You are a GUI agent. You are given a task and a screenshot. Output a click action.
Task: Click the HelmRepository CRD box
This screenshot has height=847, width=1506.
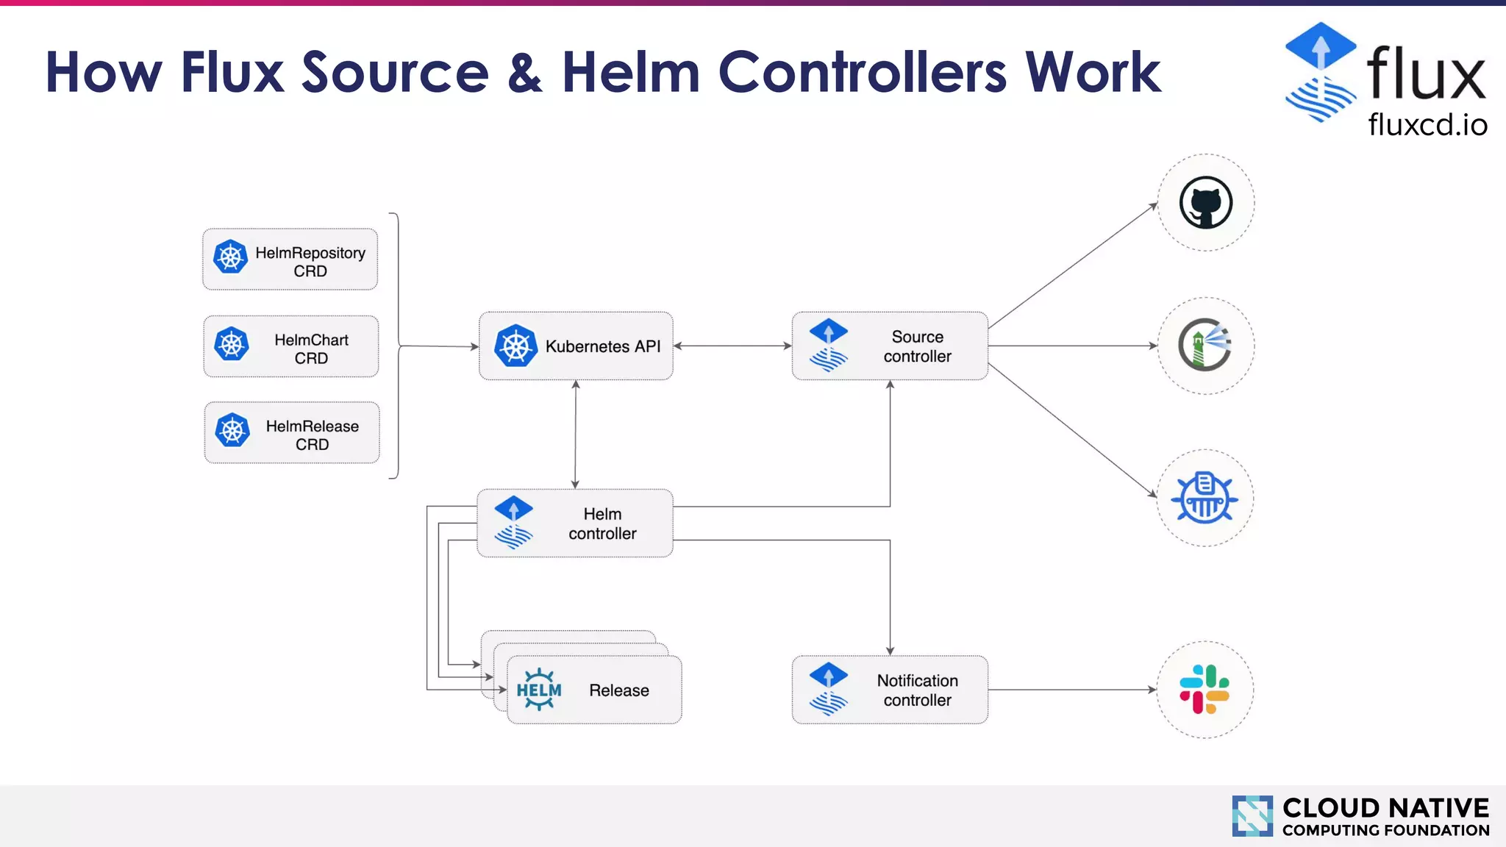point(290,260)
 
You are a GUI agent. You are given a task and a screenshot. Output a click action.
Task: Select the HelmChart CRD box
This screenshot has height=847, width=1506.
point(291,347)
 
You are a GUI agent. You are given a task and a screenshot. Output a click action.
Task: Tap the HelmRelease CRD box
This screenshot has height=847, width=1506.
point(292,433)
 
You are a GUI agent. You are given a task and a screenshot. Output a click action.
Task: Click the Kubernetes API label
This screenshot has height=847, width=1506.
point(602,346)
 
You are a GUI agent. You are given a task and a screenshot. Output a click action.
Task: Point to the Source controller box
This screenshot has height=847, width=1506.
point(890,346)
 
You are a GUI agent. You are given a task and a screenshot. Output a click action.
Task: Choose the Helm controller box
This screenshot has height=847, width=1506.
point(575,523)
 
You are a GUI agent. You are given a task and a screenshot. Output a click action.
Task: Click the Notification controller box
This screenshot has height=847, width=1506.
point(890,690)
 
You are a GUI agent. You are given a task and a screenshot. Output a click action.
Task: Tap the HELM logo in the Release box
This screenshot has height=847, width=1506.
point(539,690)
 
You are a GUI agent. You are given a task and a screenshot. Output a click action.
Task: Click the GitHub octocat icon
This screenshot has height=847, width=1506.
point(1206,203)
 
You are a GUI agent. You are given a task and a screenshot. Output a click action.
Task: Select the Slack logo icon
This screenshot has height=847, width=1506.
point(1205,690)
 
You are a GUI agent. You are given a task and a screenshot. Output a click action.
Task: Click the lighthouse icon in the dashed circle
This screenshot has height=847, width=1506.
point(1205,346)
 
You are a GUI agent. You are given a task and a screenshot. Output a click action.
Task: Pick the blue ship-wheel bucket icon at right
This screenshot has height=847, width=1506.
point(1205,498)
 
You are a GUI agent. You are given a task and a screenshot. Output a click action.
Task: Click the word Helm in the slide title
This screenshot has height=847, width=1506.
point(631,73)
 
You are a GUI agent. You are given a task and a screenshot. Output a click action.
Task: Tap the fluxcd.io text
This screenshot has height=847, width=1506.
point(1427,124)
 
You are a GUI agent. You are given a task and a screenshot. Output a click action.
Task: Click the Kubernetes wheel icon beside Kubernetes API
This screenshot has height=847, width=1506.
point(515,346)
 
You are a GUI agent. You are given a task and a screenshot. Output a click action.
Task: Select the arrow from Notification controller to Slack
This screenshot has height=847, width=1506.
point(1072,690)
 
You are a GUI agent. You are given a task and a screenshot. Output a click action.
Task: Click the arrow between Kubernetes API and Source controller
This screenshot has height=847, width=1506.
point(732,346)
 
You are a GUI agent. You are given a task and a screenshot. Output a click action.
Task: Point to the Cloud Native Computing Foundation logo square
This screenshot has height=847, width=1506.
point(1252,816)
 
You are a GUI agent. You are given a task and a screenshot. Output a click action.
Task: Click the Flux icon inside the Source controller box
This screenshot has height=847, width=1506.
point(829,346)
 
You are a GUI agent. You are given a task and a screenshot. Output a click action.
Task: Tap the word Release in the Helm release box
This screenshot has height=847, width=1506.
point(618,690)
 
